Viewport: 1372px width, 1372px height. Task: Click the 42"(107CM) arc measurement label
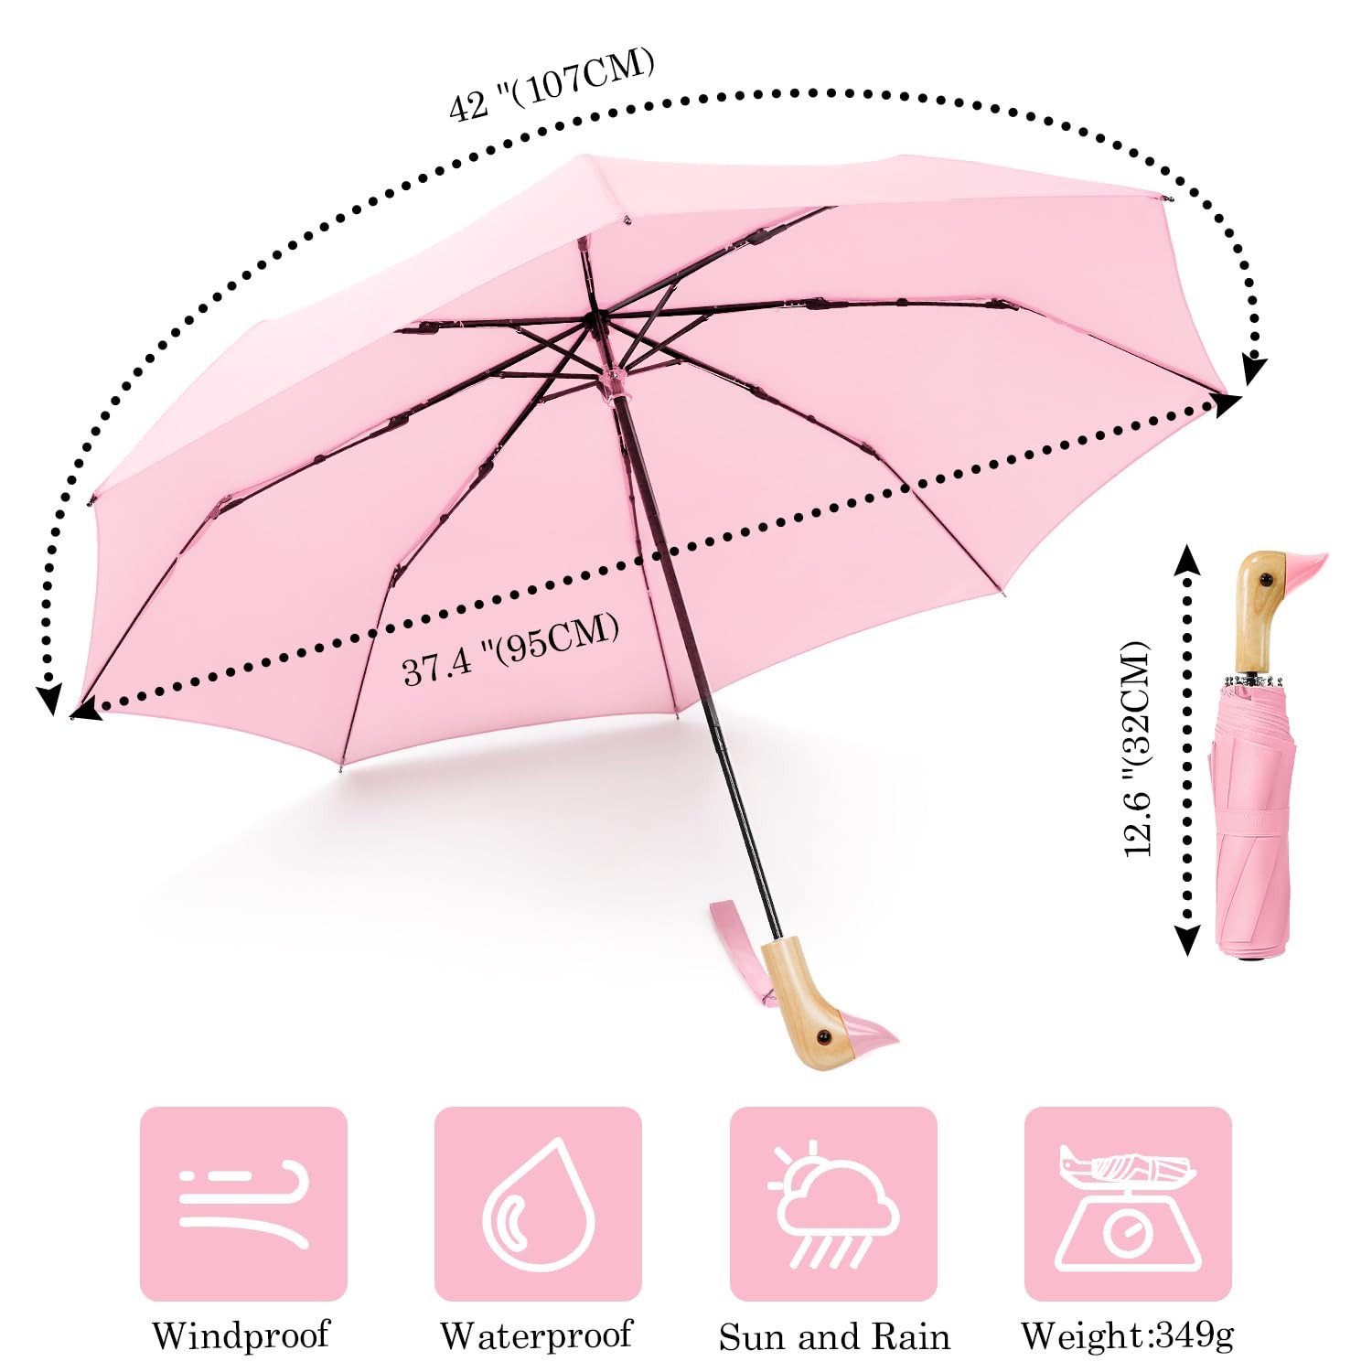tap(551, 85)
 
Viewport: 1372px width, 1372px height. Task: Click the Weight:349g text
tap(1127, 1335)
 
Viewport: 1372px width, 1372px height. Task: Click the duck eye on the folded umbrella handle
tap(1268, 580)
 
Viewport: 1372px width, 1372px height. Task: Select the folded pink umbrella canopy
tap(1253, 823)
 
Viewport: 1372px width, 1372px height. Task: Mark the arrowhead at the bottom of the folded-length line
tap(1187, 942)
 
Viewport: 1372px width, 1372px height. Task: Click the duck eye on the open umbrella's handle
tap(821, 1036)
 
